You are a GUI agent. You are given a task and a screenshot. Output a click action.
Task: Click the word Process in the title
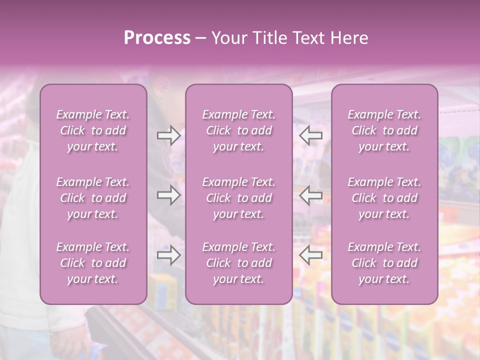point(157,38)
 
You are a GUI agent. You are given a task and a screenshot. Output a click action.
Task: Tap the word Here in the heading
point(348,38)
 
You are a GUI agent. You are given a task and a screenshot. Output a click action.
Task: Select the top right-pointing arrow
point(168,135)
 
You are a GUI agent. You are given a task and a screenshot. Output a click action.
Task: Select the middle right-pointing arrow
point(168,195)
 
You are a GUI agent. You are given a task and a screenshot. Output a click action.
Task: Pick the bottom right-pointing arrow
point(168,255)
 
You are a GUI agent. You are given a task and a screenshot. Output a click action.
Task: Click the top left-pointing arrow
point(311,135)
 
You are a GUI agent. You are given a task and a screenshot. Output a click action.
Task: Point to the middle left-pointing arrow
point(311,195)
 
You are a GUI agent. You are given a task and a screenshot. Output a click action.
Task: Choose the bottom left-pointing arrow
point(311,255)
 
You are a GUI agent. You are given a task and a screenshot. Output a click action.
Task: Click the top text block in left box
point(93,130)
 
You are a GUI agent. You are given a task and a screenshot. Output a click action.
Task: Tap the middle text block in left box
point(93,198)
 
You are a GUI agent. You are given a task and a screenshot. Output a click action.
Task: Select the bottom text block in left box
point(93,263)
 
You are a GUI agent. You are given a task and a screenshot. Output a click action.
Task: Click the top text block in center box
point(238,130)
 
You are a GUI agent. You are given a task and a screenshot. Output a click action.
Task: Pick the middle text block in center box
point(238,198)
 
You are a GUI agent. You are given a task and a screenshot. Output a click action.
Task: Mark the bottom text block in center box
point(238,263)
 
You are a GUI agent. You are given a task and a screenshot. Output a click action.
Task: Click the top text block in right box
point(384,130)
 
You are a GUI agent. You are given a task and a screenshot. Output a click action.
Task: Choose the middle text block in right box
point(384,198)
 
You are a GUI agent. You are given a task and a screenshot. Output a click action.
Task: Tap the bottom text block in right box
point(384,263)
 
